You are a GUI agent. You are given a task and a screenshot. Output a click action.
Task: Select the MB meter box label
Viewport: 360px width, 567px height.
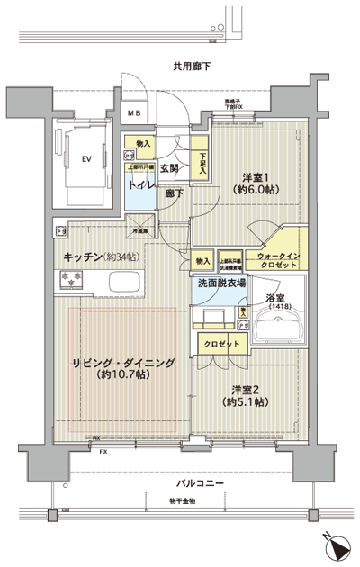(x=133, y=112)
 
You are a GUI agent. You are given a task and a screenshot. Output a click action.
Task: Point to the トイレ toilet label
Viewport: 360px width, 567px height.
(x=140, y=185)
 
